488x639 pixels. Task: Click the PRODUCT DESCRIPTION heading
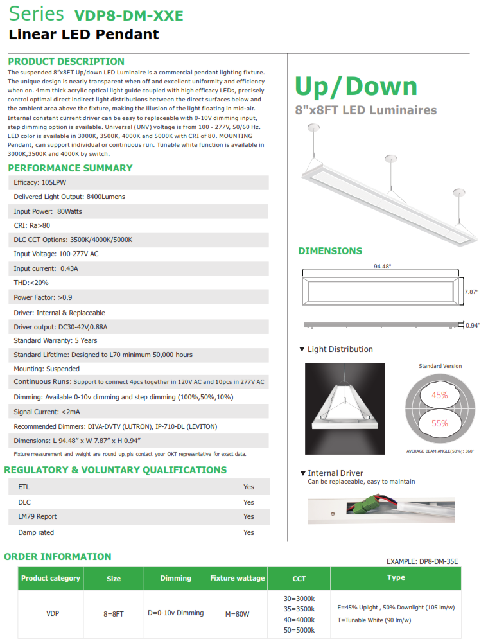tap(66, 62)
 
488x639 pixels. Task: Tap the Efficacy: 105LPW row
tap(40, 183)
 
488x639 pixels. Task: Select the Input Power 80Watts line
tap(48, 211)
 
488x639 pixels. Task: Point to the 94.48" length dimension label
tap(382, 267)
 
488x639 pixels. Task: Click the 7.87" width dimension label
tap(471, 292)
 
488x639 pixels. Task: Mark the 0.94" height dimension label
tap(473, 325)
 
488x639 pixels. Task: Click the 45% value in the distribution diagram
tap(440, 396)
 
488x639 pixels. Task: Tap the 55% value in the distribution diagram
tap(440, 424)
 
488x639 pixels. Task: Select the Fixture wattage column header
tap(237, 578)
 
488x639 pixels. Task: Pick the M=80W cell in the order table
tap(237, 614)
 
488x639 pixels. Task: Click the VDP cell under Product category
tap(53, 614)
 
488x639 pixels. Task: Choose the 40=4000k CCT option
tap(299, 620)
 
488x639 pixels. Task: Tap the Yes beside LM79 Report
tap(248, 516)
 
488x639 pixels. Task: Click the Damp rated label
tap(36, 532)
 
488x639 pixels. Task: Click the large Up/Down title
tap(356, 86)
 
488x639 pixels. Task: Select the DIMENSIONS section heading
tap(330, 251)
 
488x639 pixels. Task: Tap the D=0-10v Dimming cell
tap(175, 613)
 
